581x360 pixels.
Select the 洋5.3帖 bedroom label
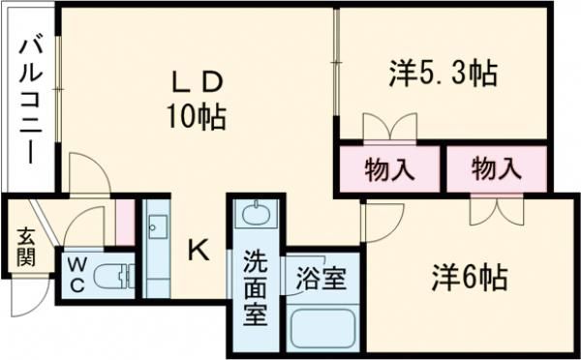tap(443, 72)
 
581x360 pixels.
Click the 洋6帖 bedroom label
tap(469, 278)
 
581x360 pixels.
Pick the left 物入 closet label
tap(390, 168)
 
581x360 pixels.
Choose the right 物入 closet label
tap(496, 168)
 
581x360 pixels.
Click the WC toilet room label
tap(76, 276)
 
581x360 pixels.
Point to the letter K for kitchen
tap(198, 251)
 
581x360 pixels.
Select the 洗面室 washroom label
tap(255, 287)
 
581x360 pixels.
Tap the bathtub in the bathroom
tap(324, 327)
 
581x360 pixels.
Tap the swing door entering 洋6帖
tap(382, 221)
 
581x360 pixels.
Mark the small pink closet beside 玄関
tap(125, 222)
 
